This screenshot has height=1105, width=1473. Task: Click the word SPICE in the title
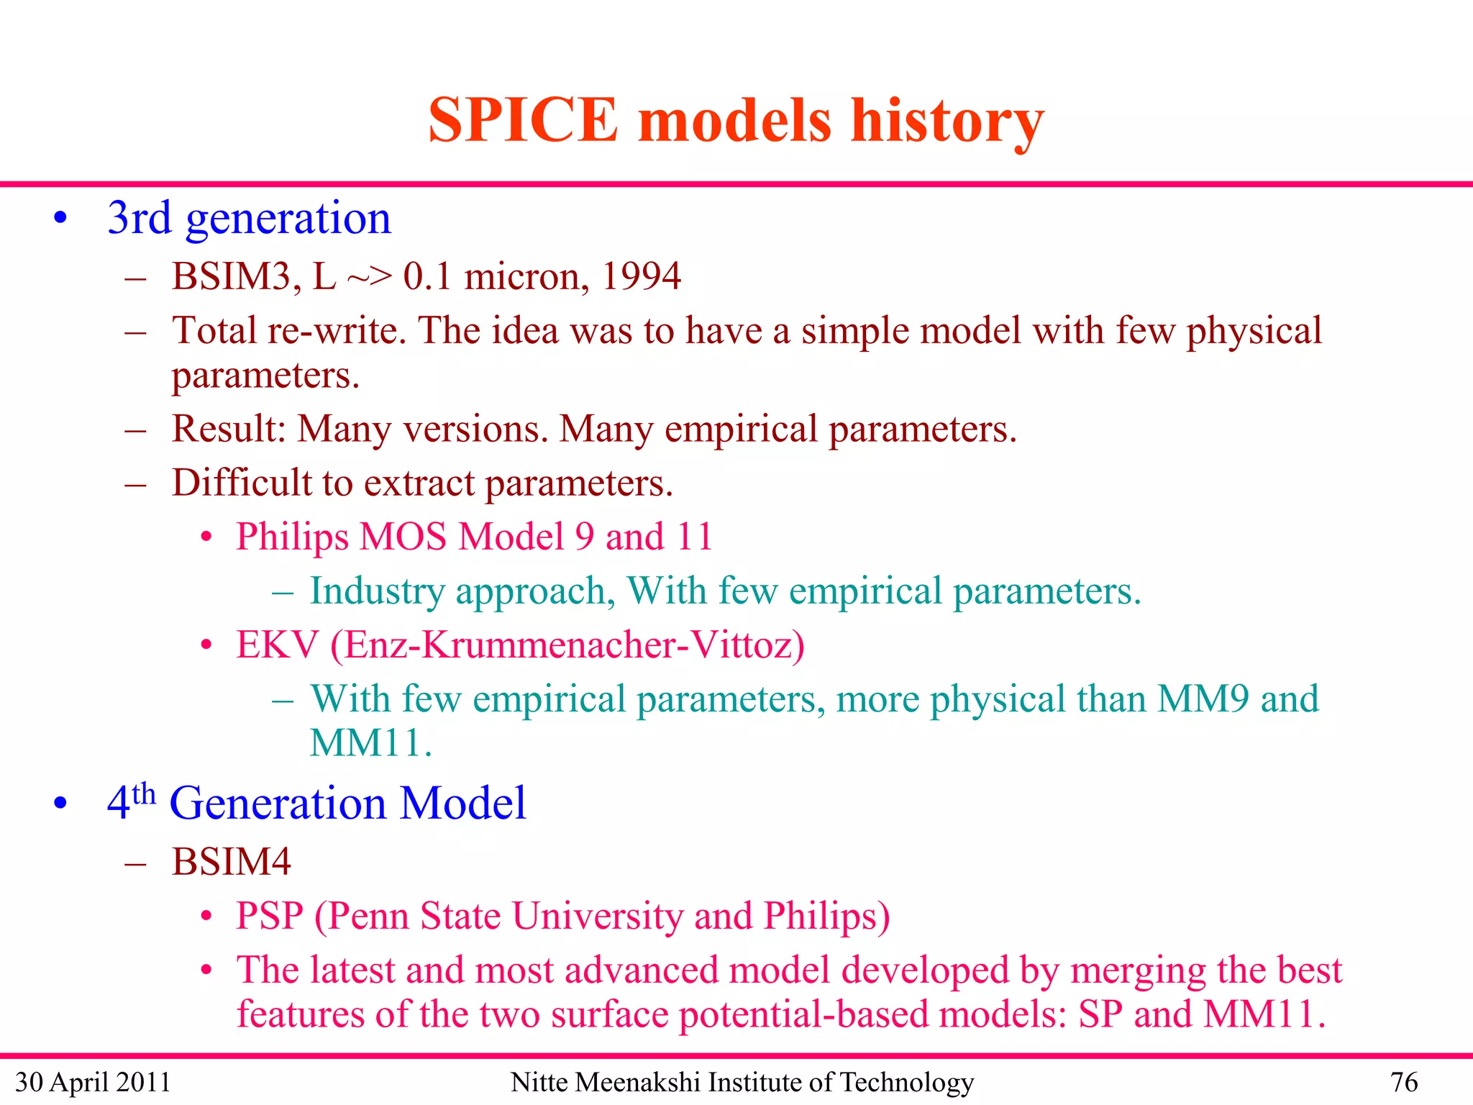[x=523, y=120]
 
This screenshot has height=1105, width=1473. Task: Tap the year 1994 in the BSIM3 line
[x=640, y=277]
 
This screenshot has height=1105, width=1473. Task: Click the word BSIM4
[x=231, y=862]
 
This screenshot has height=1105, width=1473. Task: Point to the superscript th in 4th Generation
[x=144, y=794]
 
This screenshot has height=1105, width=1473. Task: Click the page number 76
[x=1403, y=1082]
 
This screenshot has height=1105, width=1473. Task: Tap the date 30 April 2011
[x=93, y=1082]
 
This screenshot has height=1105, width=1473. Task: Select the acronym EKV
[x=277, y=645]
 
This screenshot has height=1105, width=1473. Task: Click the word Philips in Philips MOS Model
[x=292, y=537]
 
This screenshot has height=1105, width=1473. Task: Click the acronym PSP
[x=269, y=917]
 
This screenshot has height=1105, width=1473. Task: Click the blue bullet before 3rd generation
[x=60, y=218]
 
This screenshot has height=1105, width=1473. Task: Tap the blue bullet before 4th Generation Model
[x=60, y=804]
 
